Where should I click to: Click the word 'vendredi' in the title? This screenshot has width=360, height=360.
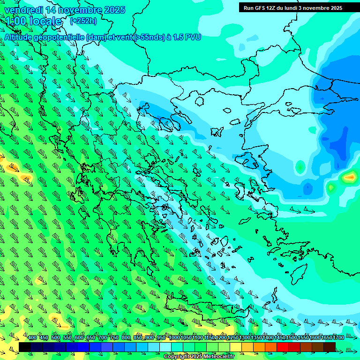(x=22, y=10)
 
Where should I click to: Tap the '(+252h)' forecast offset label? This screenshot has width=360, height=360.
(x=83, y=21)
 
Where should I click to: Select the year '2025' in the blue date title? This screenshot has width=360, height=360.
(x=114, y=10)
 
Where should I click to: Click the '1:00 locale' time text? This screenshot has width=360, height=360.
(x=34, y=21)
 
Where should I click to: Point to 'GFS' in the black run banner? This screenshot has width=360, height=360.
(x=261, y=8)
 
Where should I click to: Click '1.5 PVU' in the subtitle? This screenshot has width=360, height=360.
(x=187, y=37)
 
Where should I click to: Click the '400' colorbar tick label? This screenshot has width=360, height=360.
(x=32, y=338)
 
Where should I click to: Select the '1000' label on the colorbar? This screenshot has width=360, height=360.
(x=174, y=338)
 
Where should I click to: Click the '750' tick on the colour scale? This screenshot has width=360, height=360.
(x=114, y=338)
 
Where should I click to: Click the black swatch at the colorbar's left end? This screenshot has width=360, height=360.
(x=25, y=347)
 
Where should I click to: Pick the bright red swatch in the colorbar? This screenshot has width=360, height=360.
(x=283, y=347)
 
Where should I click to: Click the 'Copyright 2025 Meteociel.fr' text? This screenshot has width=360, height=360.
(x=199, y=357)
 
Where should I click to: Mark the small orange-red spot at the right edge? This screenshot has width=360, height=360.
(x=350, y=177)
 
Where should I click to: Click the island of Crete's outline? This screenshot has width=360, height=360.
(x=206, y=307)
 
